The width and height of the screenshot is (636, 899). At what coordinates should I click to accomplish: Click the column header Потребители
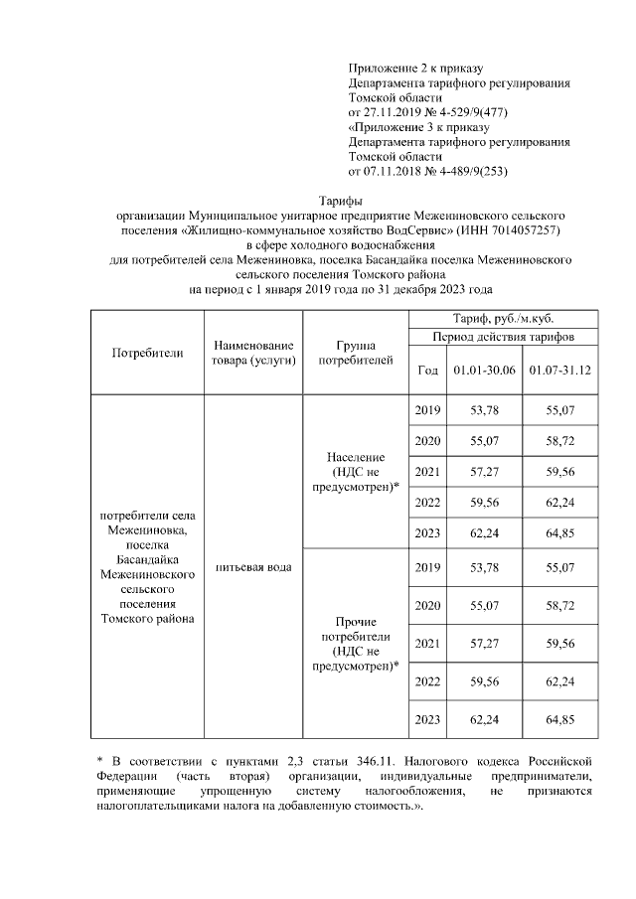[147, 352]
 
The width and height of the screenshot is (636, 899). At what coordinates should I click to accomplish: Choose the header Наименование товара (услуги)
[253, 352]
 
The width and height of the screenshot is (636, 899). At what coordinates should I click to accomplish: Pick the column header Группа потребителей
[355, 352]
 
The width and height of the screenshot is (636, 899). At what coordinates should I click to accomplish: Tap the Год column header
[427, 371]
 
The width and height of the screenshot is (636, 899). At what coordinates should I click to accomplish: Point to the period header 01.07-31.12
[560, 371]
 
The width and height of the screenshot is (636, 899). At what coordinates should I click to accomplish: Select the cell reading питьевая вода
[253, 567]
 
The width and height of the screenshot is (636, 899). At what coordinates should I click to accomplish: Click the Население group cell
[355, 471]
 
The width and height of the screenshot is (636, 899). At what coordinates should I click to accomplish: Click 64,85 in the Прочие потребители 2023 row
[560, 718]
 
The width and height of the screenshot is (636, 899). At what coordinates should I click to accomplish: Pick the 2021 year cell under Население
[427, 471]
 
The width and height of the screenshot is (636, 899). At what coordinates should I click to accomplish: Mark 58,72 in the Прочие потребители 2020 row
[560, 605]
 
